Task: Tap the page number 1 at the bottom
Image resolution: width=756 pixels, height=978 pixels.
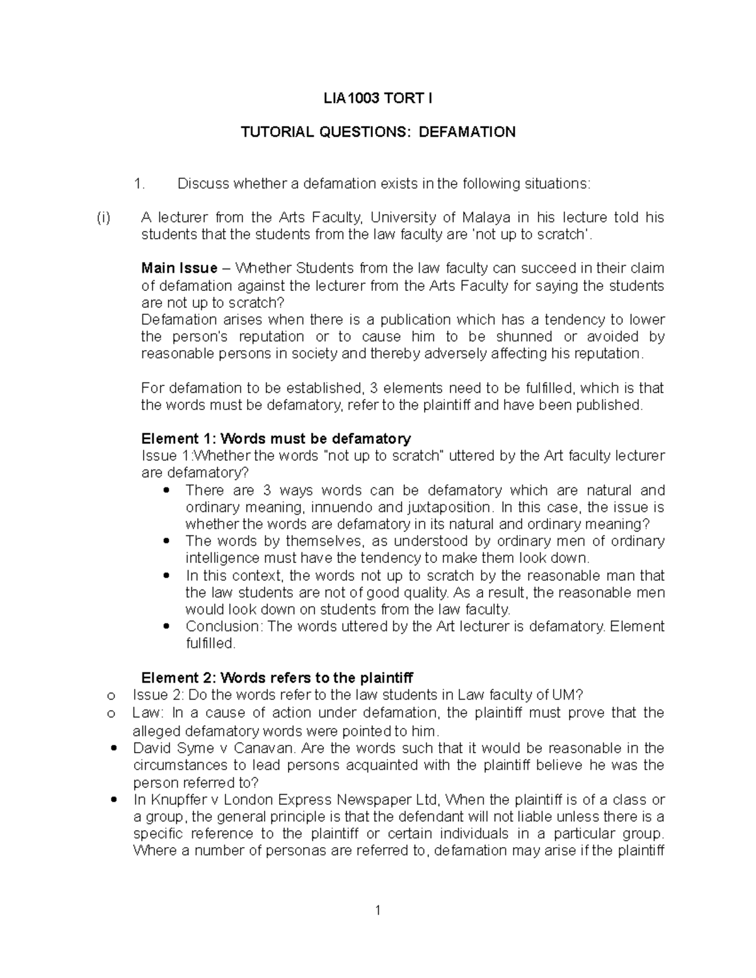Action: [378, 911]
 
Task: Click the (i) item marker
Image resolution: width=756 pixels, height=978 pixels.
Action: [103, 218]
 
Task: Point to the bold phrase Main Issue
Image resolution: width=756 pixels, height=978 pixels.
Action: [180, 268]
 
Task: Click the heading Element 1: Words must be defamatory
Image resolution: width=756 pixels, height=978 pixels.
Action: [276, 438]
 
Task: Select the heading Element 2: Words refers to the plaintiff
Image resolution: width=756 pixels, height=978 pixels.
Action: [277, 678]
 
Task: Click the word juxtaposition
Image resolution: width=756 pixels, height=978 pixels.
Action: [449, 507]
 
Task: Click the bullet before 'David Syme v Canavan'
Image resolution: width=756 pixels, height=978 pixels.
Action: [113, 748]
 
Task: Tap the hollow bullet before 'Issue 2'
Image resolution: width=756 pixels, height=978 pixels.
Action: [111, 696]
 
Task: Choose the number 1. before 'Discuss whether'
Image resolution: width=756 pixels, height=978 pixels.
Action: [139, 184]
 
